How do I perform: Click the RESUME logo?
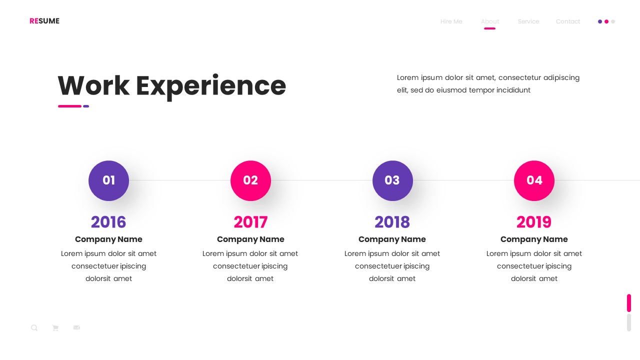pyautogui.click(x=44, y=21)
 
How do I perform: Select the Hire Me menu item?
pyautogui.click(x=451, y=21)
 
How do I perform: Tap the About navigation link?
pyautogui.click(x=490, y=21)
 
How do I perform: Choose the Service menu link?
pyautogui.click(x=528, y=21)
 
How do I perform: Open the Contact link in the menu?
pyautogui.click(x=568, y=21)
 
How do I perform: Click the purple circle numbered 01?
pyautogui.click(x=108, y=180)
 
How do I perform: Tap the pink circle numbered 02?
pyautogui.click(x=250, y=180)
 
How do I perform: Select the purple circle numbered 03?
pyautogui.click(x=392, y=180)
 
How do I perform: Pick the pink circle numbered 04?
pyautogui.click(x=534, y=180)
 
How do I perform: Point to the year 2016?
pyautogui.click(x=108, y=222)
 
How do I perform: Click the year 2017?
pyautogui.click(x=250, y=222)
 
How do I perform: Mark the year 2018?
pyautogui.click(x=392, y=222)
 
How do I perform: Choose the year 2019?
pyautogui.click(x=534, y=222)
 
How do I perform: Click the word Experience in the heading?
pyautogui.click(x=210, y=86)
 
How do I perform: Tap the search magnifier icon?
pyautogui.click(x=34, y=328)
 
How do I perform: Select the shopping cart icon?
pyautogui.click(x=55, y=328)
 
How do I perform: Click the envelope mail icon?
pyautogui.click(x=76, y=327)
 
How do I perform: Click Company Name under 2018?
pyautogui.click(x=392, y=239)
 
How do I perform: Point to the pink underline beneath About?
pyautogui.click(x=490, y=28)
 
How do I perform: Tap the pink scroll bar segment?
pyautogui.click(x=629, y=303)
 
